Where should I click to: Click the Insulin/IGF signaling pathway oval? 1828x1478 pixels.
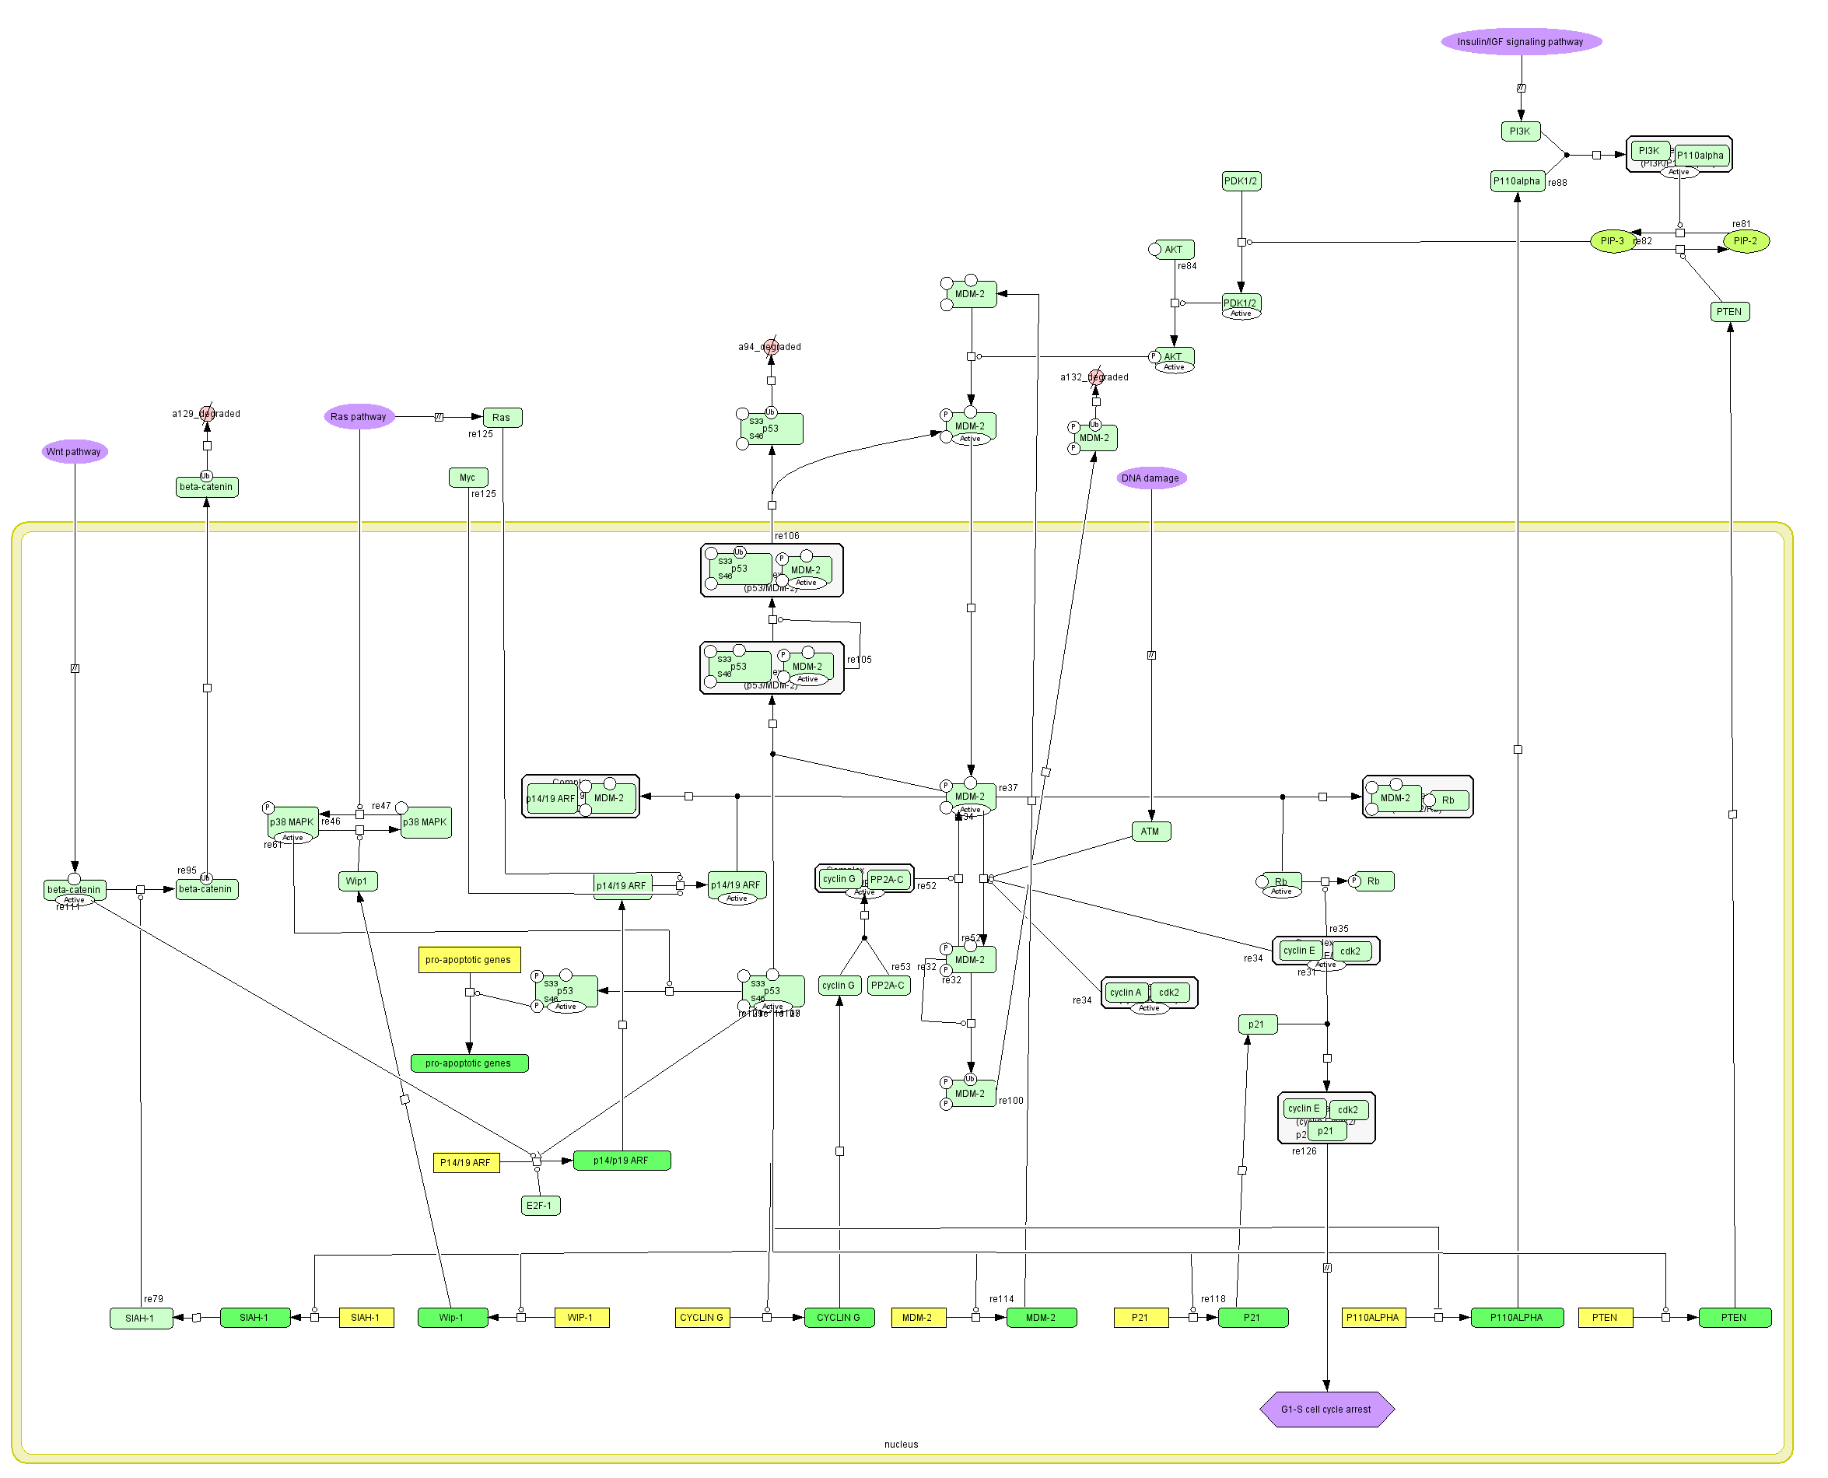click(x=1521, y=42)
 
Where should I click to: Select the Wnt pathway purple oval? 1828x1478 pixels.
click(x=74, y=452)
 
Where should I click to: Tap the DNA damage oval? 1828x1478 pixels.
click(x=1150, y=478)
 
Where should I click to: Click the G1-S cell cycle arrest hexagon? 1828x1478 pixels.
click(x=1326, y=1410)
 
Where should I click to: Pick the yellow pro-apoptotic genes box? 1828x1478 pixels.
click(x=468, y=961)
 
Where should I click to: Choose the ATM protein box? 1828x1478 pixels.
click(x=1150, y=832)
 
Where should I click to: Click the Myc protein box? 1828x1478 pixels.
click(x=468, y=478)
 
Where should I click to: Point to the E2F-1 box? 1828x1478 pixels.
click(x=540, y=1206)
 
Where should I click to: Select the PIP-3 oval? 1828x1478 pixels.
click(x=1612, y=241)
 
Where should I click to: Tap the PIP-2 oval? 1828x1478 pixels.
click(x=1746, y=241)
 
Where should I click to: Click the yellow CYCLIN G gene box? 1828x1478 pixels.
click(x=702, y=1318)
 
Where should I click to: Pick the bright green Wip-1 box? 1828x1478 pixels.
click(x=451, y=1318)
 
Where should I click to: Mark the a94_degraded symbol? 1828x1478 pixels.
click(x=771, y=346)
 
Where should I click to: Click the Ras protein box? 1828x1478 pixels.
click(x=502, y=417)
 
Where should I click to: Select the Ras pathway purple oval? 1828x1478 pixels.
click(x=359, y=417)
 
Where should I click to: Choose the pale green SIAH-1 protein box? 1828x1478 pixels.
click(x=141, y=1319)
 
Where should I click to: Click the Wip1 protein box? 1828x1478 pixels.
click(x=357, y=881)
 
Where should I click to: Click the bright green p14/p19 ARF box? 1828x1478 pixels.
click(x=622, y=1161)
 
